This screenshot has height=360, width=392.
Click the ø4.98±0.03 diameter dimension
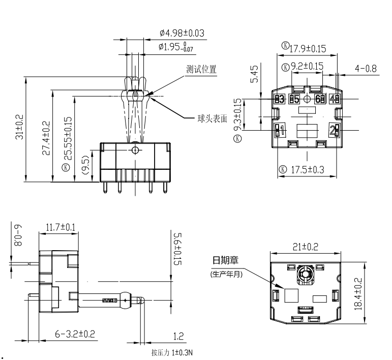coord(182,34)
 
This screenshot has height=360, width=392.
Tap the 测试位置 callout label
coord(201,70)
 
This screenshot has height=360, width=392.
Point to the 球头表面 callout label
coord(213,119)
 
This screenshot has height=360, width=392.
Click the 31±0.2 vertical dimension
coord(19,130)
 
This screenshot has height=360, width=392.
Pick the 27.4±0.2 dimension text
coord(46,137)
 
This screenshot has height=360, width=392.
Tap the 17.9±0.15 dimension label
coord(307,49)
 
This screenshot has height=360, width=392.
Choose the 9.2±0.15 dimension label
coord(306,67)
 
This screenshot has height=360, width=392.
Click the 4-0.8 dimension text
coord(366,68)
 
